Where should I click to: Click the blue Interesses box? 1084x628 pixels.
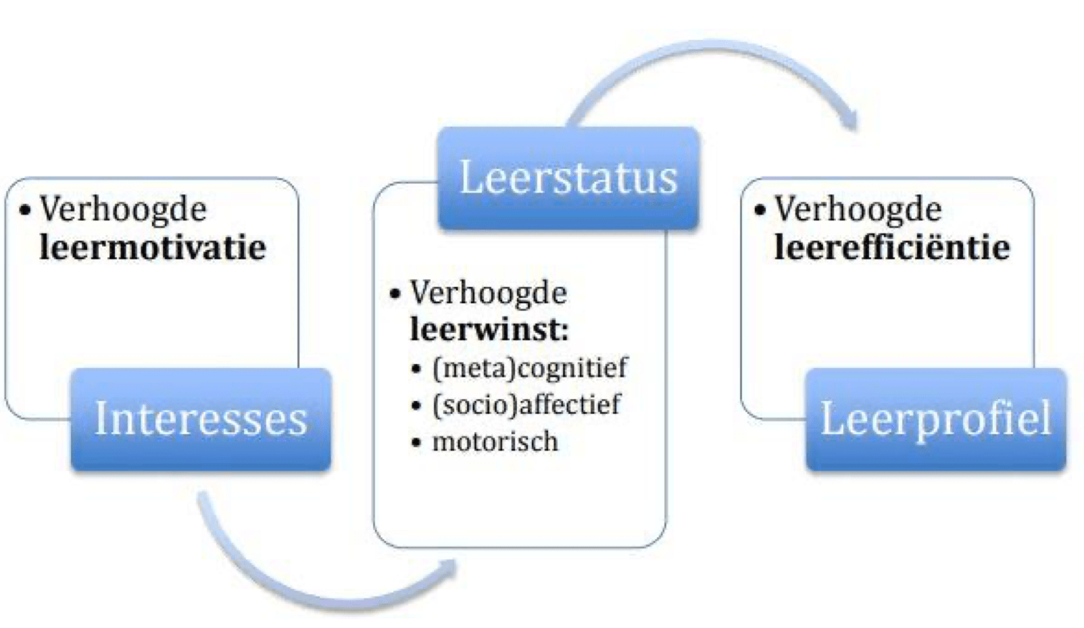[201, 419]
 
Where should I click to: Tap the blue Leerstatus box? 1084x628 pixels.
[568, 178]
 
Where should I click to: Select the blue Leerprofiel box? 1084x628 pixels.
[936, 419]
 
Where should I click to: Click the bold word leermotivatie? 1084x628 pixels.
[153, 248]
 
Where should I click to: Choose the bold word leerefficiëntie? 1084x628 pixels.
[892, 248]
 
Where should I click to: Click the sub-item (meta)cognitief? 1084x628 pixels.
[530, 368]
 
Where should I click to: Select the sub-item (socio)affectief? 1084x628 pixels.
[526, 404]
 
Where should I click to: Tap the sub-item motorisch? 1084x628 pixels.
[495, 442]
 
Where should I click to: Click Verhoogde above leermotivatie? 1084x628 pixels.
[123, 209]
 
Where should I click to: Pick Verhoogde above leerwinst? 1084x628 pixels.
[489, 293]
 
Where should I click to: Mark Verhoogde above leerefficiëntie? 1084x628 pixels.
[858, 209]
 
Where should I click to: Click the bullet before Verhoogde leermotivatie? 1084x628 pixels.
[26, 210]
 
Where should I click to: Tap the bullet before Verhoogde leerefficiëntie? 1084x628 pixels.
[760, 210]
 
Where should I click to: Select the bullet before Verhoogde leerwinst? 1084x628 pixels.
[395, 294]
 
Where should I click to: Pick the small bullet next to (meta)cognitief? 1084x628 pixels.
[416, 369]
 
